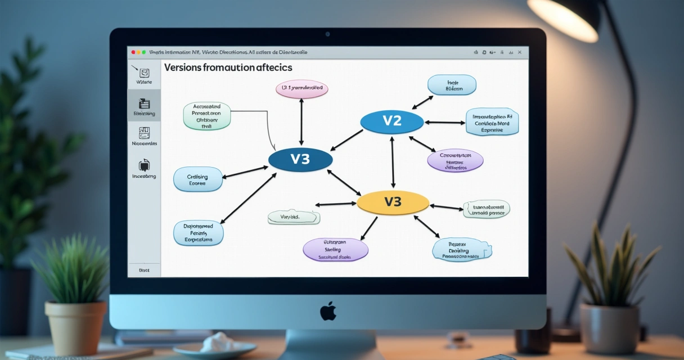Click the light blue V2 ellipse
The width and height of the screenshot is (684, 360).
[391, 121]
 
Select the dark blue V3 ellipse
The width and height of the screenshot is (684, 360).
[300, 160]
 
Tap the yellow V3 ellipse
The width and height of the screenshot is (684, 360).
[393, 202]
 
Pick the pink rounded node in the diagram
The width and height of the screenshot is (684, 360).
[301, 89]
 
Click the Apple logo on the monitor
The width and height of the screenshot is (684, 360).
[328, 311]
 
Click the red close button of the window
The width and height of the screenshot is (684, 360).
[133, 52]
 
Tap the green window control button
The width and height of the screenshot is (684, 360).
[144, 52]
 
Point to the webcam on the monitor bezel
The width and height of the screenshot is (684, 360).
[327, 34]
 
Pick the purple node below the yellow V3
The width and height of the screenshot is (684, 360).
[335, 249]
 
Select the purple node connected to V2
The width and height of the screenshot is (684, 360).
[455, 160]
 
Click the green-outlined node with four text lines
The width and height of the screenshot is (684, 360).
[207, 116]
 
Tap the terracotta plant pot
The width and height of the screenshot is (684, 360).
[75, 327]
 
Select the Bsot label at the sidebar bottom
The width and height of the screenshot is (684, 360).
[144, 271]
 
